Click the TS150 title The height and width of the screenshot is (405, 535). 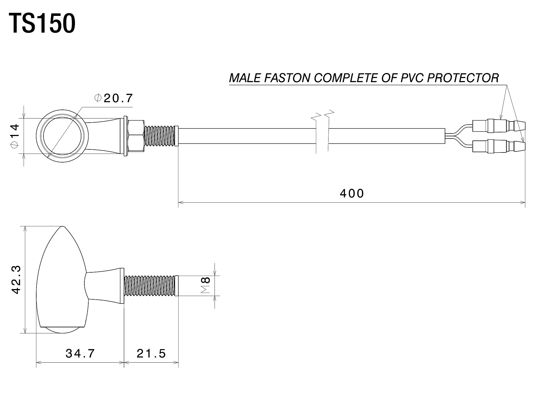[42, 24]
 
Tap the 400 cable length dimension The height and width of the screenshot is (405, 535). [352, 193]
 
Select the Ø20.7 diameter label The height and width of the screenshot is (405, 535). [114, 98]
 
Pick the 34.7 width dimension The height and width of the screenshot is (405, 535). [80, 354]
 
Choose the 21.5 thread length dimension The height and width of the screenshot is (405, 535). [151, 354]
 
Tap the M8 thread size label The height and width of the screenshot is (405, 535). [206, 286]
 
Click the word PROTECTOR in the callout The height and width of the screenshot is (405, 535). [463, 78]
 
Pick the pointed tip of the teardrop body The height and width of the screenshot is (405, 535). [63, 226]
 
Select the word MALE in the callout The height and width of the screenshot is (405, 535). [245, 78]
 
